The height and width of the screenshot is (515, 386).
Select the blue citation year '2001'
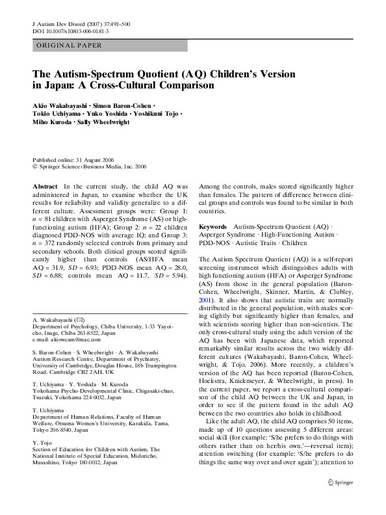205,284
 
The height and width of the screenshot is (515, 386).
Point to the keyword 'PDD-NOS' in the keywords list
214,242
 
